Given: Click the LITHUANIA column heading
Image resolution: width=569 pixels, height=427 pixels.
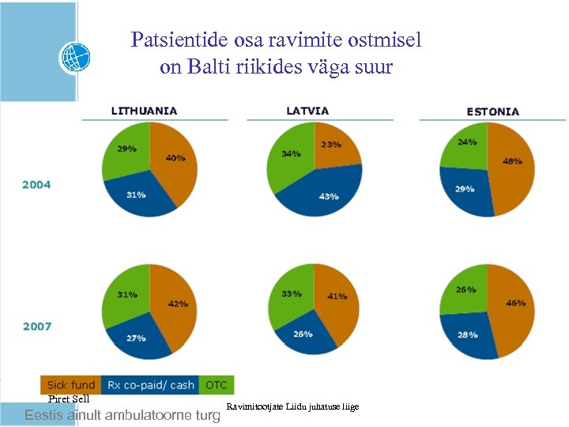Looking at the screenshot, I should [144, 111].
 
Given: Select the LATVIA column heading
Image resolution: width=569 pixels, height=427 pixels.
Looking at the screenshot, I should [307, 111].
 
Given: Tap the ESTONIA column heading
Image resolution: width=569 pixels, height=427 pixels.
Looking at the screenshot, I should [492, 112].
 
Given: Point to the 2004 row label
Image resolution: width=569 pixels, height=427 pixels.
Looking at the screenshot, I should [37, 184].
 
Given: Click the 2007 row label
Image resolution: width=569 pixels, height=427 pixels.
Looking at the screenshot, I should [37, 326].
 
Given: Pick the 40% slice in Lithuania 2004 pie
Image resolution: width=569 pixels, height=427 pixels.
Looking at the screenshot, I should [176, 162].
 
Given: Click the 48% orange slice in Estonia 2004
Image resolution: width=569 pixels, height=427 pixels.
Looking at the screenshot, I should [512, 166].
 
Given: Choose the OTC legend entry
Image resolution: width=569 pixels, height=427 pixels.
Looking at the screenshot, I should [216, 385].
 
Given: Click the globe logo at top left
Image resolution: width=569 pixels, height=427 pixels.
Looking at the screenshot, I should [75, 58].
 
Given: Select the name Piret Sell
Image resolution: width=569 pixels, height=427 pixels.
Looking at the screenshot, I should [69, 399].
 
